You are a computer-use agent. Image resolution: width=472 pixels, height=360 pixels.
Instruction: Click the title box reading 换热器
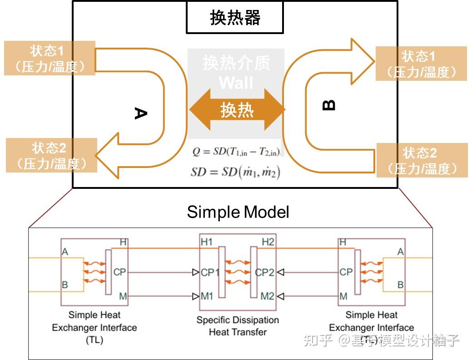[x=235, y=18]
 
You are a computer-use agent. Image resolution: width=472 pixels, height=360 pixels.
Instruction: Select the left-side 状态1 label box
[x=50, y=58]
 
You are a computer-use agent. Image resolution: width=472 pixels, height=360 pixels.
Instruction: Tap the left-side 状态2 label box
[x=51, y=155]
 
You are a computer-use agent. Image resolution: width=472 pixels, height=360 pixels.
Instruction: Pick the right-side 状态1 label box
[x=421, y=64]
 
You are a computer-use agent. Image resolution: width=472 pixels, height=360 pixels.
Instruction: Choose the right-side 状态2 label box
[x=422, y=160]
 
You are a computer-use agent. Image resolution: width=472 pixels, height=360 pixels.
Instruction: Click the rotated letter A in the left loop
[x=141, y=113]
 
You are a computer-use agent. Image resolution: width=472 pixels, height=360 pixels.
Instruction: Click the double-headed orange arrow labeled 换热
[x=237, y=110]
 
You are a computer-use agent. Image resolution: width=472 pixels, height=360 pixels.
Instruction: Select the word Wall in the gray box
[x=236, y=83]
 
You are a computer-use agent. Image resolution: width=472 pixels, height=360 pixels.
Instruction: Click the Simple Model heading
[x=238, y=212]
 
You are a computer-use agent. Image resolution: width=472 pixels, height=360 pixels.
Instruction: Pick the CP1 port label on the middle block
[x=210, y=272]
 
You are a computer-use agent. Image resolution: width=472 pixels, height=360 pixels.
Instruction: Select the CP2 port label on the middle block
[x=265, y=272]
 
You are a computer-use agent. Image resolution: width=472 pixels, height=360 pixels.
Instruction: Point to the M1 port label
[x=207, y=296]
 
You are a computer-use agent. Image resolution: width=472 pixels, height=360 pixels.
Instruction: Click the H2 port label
[x=268, y=242]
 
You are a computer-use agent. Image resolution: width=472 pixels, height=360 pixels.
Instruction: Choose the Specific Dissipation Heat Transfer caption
[x=237, y=326]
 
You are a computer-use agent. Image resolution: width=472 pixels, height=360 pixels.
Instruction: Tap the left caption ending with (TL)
[x=94, y=327]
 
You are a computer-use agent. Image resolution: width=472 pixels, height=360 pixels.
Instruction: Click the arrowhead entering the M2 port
[x=280, y=296]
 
